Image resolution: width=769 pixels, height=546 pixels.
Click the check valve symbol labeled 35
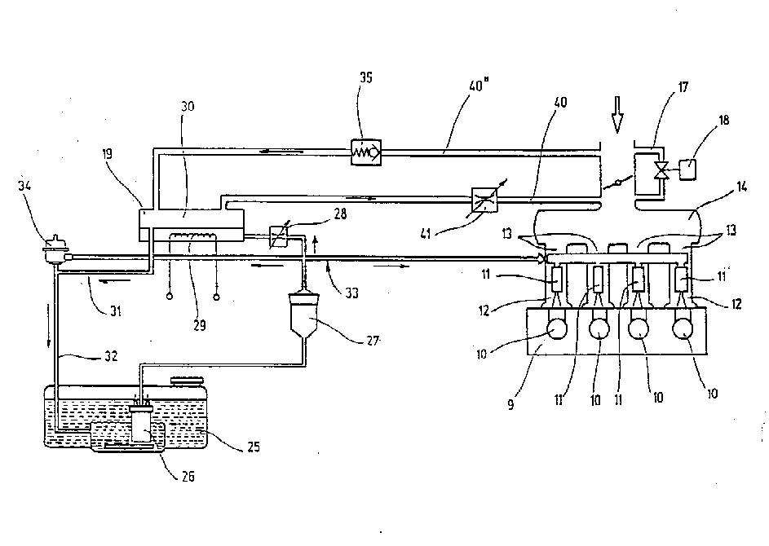pyautogui.click(x=366, y=152)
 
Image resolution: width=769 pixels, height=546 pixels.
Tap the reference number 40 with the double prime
pyautogui.click(x=478, y=86)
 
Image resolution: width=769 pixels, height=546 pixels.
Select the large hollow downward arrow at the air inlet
pyautogui.click(x=617, y=115)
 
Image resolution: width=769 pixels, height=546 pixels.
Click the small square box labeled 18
pyautogui.click(x=688, y=169)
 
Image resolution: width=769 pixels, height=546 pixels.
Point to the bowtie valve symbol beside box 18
pyautogui.click(x=662, y=169)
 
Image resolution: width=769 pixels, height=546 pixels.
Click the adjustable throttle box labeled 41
pyautogui.click(x=484, y=200)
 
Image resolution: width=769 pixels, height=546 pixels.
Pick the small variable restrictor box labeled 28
pyautogui.click(x=279, y=236)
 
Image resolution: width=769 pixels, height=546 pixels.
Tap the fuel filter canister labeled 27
pyautogui.click(x=304, y=314)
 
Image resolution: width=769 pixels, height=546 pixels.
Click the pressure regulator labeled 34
pyautogui.click(x=55, y=250)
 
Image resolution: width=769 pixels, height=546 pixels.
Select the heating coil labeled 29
pyautogui.click(x=192, y=236)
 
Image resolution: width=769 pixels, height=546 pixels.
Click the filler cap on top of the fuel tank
pyautogui.click(x=188, y=381)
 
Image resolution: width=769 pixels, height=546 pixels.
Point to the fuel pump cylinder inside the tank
pyautogui.click(x=142, y=425)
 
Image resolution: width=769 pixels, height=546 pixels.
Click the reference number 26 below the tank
pyautogui.click(x=188, y=476)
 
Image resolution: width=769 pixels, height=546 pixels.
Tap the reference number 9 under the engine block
pyautogui.click(x=511, y=404)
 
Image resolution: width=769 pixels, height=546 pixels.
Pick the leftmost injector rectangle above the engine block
pyautogui.click(x=557, y=279)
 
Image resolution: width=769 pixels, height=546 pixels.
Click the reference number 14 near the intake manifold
pyautogui.click(x=741, y=187)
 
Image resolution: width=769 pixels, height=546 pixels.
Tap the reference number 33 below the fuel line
pyautogui.click(x=351, y=293)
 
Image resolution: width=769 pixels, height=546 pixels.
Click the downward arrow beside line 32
pyautogui.click(x=49, y=325)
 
